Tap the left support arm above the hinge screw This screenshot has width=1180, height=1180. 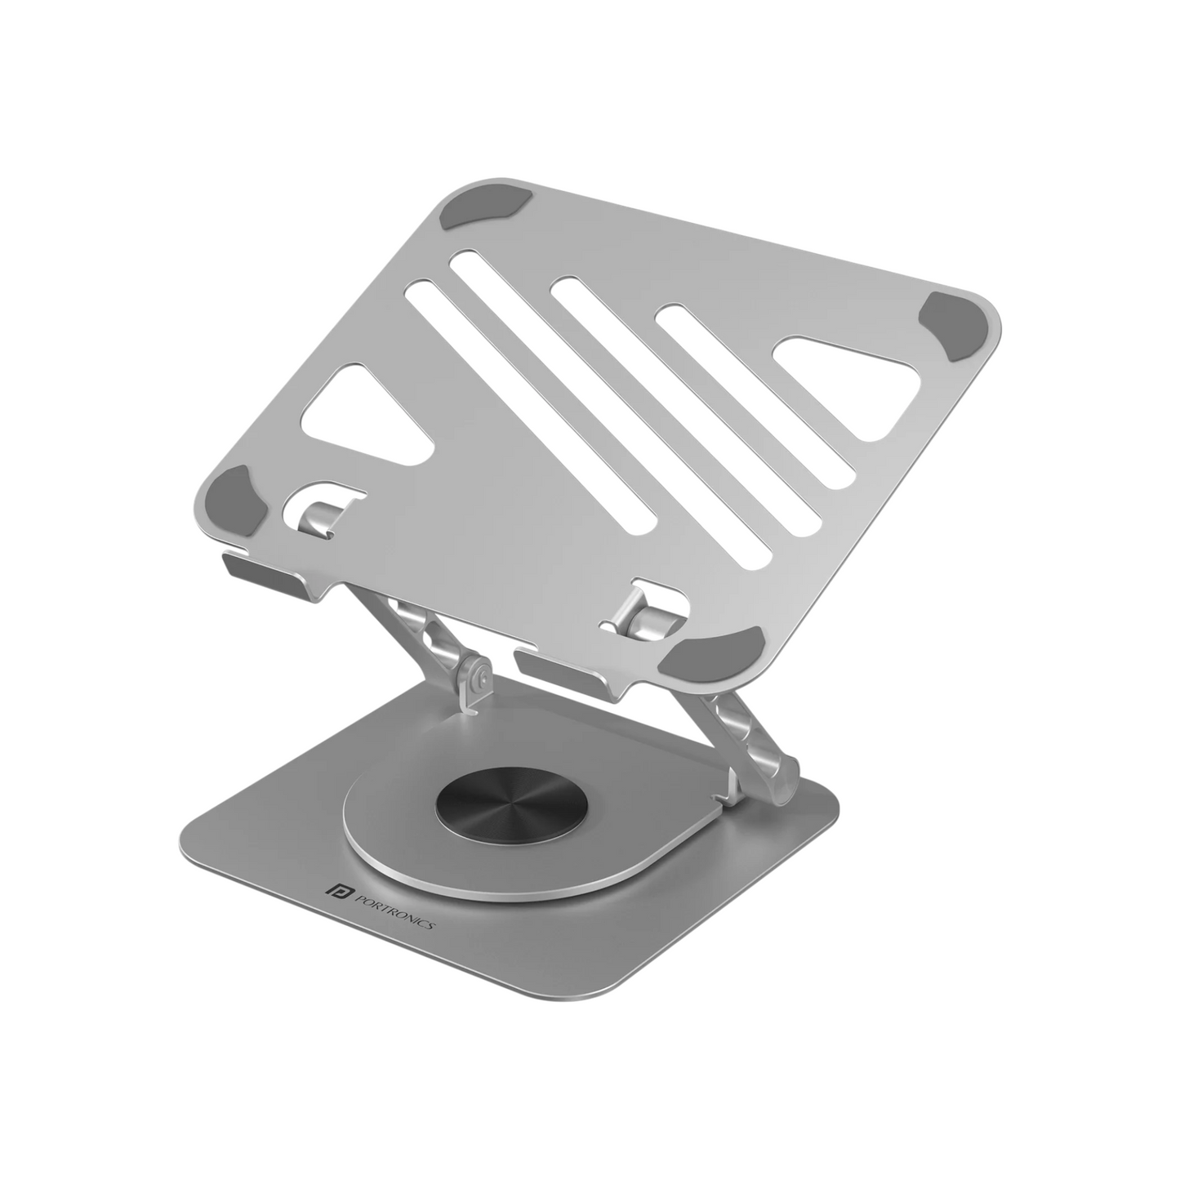(433, 637)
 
